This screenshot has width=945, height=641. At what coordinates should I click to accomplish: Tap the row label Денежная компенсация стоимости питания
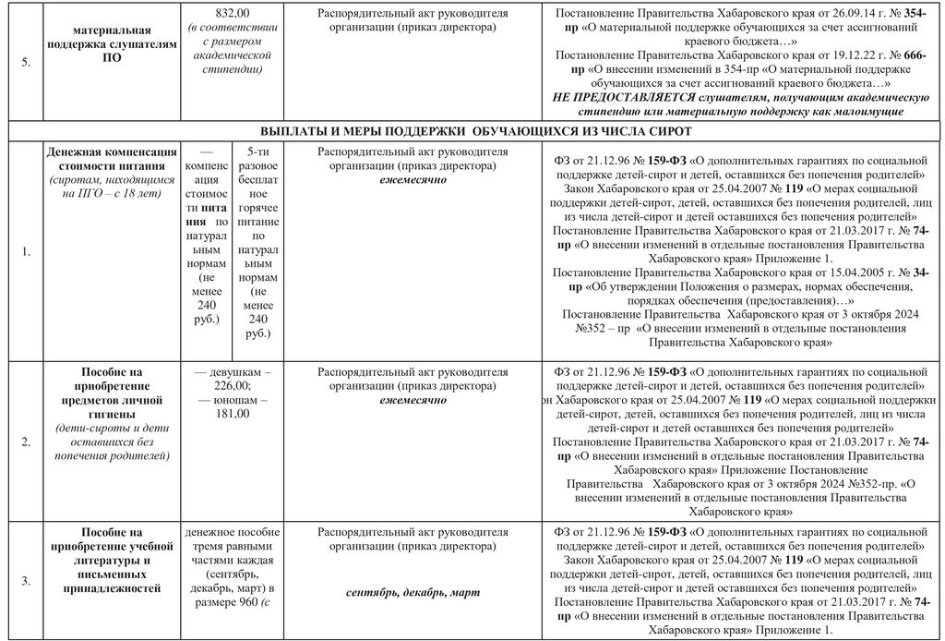pyautogui.click(x=112, y=158)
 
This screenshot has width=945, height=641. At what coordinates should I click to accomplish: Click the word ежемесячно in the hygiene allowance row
pyautogui.click(x=413, y=400)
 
